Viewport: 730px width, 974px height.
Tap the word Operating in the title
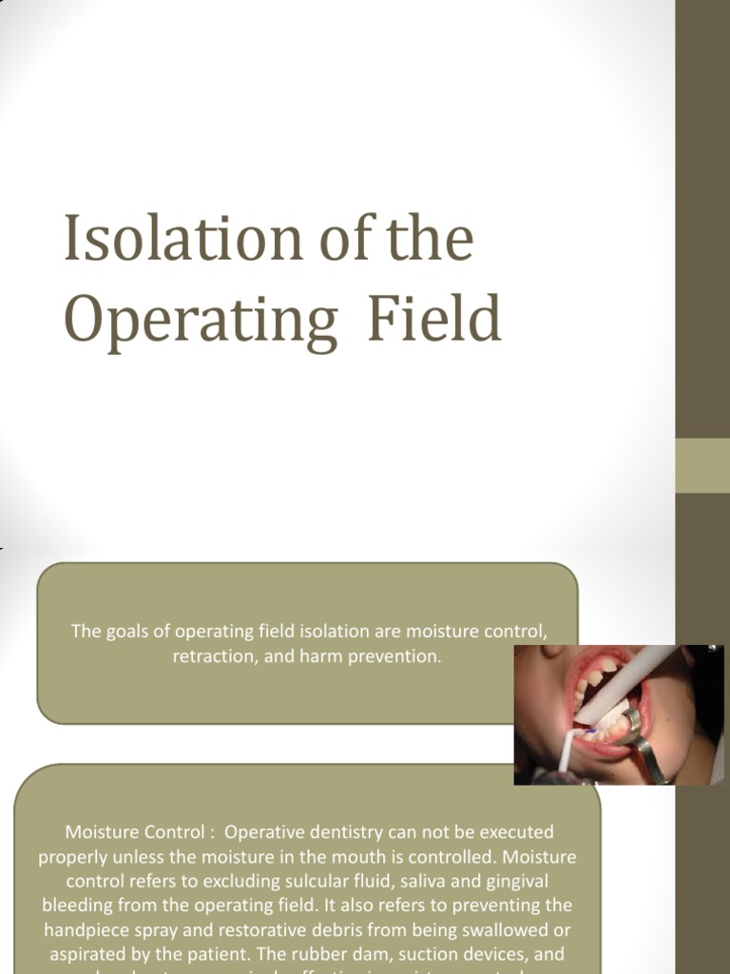[x=201, y=321]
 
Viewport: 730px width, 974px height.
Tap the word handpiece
[x=96, y=929]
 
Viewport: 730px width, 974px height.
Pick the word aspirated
[x=89, y=953]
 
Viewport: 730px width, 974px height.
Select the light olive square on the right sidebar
[x=702, y=466]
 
